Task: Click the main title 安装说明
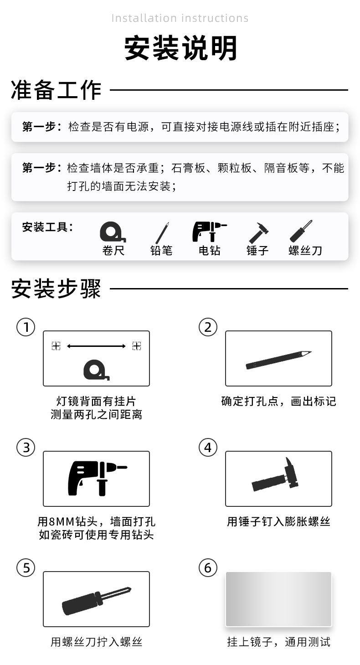[x=180, y=48]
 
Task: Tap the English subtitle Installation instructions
[x=180, y=18]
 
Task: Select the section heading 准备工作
[x=56, y=89]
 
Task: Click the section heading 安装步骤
[x=56, y=289]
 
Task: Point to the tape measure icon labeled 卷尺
[x=112, y=232]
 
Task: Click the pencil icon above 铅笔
[x=162, y=232]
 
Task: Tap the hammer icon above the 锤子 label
[x=258, y=232]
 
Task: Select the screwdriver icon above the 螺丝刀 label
[x=302, y=231]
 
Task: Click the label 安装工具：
[x=47, y=227]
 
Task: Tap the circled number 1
[x=26, y=327]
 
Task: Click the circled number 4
[x=208, y=448]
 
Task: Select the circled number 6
[x=208, y=568]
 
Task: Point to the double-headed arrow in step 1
[x=96, y=346]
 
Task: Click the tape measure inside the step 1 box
[x=96, y=370]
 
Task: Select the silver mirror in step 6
[x=278, y=599]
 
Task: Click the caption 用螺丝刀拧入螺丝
[x=96, y=642]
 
